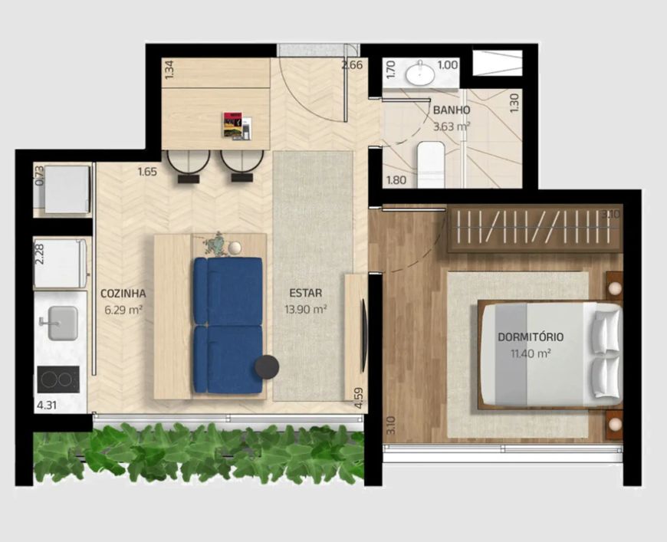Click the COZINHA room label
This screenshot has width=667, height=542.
(x=123, y=293)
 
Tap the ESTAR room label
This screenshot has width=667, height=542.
(x=305, y=293)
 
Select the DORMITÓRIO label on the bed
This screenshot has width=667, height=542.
(x=531, y=337)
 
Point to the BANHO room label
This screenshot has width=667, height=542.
(x=452, y=110)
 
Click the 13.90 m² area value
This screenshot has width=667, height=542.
(x=305, y=309)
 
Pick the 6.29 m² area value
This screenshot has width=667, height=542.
(x=123, y=310)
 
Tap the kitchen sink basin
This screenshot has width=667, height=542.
(x=63, y=324)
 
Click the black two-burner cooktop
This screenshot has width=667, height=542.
(x=58, y=379)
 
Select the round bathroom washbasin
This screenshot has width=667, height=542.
(x=420, y=75)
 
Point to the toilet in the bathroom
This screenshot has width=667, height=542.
(x=431, y=165)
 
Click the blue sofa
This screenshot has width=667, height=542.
(x=228, y=325)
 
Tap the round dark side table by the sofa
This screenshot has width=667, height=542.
(x=267, y=366)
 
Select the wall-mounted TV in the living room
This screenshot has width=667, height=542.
(x=363, y=335)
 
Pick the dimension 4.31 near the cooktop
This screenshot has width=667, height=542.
(x=46, y=405)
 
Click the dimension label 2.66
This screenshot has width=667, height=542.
(x=352, y=65)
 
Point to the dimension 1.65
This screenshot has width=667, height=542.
(x=147, y=172)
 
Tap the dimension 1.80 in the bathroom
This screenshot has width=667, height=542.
(x=396, y=180)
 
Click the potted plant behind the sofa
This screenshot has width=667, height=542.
(x=216, y=245)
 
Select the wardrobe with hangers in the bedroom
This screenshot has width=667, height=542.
(x=534, y=228)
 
